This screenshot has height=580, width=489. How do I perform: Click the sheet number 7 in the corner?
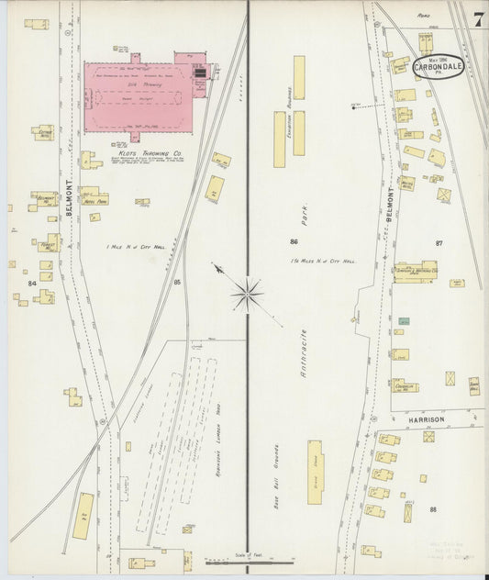(x=477, y=19)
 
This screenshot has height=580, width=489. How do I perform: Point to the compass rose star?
(x=247, y=294)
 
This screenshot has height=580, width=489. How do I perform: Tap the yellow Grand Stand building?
(x=315, y=472)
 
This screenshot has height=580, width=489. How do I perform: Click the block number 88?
(x=432, y=508)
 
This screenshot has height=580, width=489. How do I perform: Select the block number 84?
(x=33, y=284)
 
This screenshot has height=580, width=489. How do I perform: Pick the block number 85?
(x=177, y=282)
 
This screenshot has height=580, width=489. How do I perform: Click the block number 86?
(x=294, y=242)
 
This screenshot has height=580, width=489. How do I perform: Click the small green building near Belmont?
(x=404, y=321)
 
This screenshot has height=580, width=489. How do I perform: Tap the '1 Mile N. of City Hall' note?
(x=135, y=248)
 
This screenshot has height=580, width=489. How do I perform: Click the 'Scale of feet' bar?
(x=242, y=560)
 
